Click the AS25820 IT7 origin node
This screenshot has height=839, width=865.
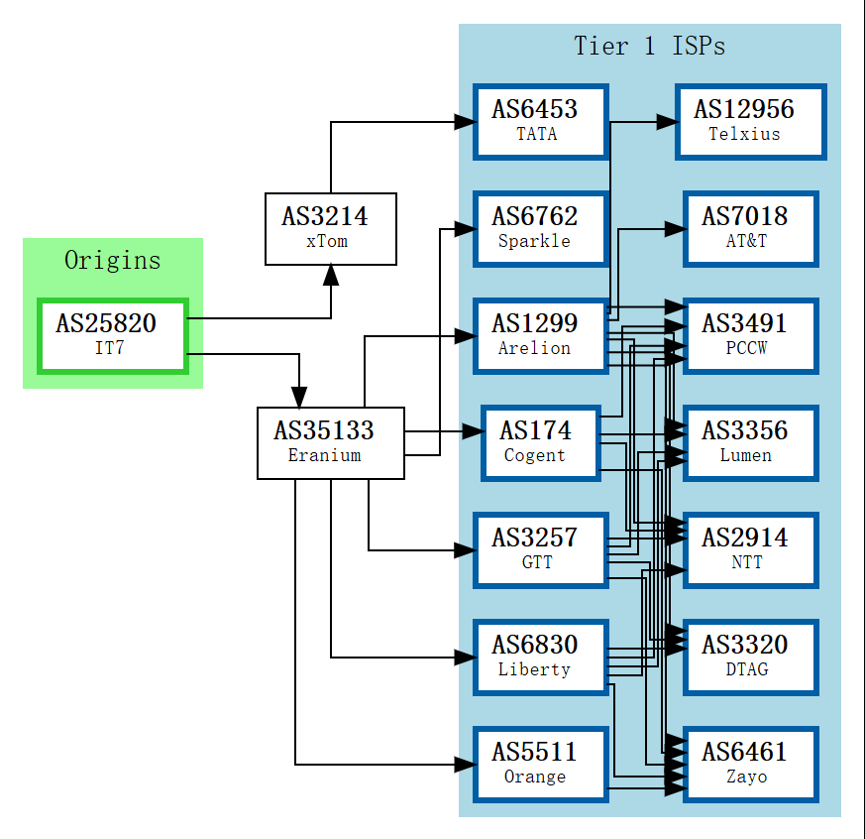pos(113,336)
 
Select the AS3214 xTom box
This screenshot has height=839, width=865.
pos(331,229)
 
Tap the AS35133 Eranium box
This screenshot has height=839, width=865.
pos(331,443)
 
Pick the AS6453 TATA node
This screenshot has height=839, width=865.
pos(540,121)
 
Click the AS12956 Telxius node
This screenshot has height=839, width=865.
pos(750,121)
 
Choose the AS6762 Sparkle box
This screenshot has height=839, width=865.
pos(540,228)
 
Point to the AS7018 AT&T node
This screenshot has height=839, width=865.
pos(750,228)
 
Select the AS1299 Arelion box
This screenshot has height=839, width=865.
pos(540,335)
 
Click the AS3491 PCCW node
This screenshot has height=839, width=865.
pos(750,335)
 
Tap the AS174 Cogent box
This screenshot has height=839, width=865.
pos(540,442)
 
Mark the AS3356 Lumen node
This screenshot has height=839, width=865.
pos(750,442)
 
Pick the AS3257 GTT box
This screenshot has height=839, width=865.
pos(540,549)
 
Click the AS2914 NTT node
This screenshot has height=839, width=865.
pos(750,549)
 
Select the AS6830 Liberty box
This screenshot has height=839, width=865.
pos(540,657)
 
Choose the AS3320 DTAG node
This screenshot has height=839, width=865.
pos(750,657)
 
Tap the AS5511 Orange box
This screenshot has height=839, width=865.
pos(540,764)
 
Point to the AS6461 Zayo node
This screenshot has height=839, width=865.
pos(750,764)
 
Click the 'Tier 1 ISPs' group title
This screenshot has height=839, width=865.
pos(650,46)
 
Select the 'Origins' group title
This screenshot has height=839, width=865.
pos(113,260)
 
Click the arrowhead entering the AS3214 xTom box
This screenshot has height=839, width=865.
pos(331,276)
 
